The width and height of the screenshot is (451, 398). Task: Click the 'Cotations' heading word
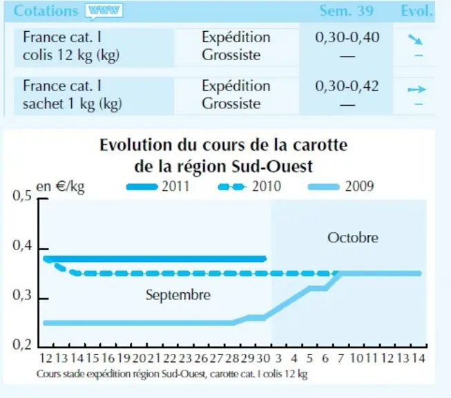point(46,11)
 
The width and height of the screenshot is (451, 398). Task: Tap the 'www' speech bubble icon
point(104,11)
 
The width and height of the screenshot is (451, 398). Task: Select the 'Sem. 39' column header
point(347,11)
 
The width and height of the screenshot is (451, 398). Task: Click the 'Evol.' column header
point(416,11)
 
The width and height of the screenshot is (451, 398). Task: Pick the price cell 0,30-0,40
point(347,37)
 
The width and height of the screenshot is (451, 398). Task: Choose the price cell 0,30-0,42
point(347,86)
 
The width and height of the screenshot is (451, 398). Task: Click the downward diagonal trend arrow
point(415,39)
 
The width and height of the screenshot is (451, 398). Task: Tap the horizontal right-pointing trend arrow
point(416,89)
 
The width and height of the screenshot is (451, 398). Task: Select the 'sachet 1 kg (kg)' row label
point(73,104)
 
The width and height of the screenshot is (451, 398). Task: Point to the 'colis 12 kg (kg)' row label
point(71,55)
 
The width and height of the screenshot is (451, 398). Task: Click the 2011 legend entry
point(158,187)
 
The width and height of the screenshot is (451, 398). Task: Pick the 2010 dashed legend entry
point(249,187)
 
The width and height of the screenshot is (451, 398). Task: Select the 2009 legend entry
point(340,187)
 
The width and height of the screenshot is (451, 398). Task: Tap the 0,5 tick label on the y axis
point(22,196)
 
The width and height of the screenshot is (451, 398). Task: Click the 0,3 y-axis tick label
point(22,295)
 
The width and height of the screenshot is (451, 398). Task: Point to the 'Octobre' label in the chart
point(353,238)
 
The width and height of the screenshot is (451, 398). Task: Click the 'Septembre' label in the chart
point(178,295)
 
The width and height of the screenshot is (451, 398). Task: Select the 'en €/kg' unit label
point(60,187)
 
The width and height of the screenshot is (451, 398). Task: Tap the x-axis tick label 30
point(263,359)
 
